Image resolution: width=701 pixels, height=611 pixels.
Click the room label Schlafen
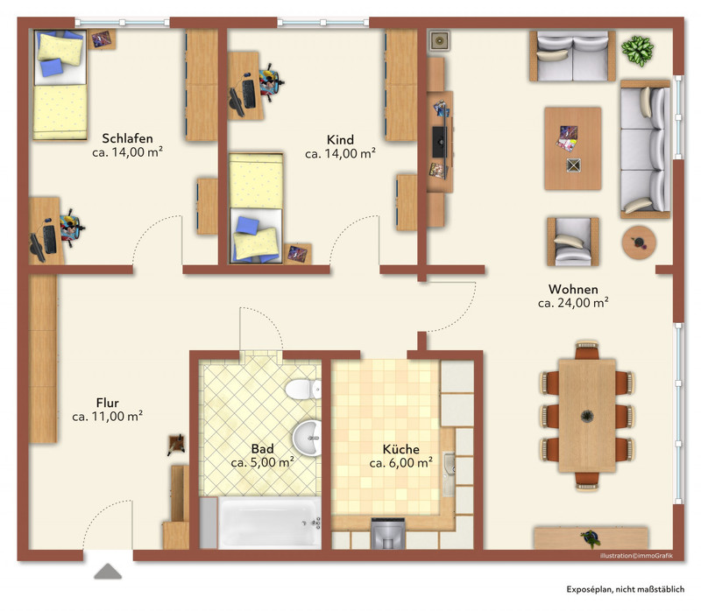tap(127, 138)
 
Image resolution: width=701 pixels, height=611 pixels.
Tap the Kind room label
tap(340, 140)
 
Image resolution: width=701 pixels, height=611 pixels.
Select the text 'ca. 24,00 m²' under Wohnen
tap(573, 303)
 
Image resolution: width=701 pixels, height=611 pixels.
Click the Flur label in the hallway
tap(107, 403)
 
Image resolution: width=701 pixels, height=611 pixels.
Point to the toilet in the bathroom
tap(303, 389)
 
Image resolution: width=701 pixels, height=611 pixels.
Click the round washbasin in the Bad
tap(308, 438)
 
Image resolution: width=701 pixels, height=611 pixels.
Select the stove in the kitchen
tap(388, 533)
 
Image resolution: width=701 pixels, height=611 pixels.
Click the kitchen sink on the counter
tap(449, 474)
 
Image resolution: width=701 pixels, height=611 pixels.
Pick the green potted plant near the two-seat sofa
tap(638, 50)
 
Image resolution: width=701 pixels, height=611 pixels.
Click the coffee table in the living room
tap(573, 149)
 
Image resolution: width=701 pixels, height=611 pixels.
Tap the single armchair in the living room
tap(573, 242)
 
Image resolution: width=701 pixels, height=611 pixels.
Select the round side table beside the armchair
tap(639, 242)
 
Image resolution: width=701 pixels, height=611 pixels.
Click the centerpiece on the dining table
tap(587, 417)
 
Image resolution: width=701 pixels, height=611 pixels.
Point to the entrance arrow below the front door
tap(108, 572)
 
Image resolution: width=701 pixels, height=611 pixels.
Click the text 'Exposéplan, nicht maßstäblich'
tap(625, 590)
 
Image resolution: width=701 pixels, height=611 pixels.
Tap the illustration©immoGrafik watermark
tap(636, 556)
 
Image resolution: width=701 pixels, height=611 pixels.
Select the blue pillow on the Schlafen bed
tap(51, 67)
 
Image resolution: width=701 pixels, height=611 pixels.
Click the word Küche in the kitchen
tap(401, 449)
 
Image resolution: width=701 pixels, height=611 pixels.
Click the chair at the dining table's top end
tap(587, 351)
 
